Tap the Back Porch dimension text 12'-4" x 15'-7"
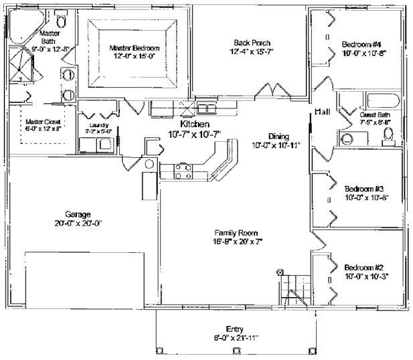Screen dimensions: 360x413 click(x=251, y=52)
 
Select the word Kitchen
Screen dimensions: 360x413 click(x=195, y=124)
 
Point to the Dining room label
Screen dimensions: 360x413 click(x=277, y=134)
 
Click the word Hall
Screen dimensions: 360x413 click(x=322, y=112)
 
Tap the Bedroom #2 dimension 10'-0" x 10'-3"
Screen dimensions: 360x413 click(x=365, y=275)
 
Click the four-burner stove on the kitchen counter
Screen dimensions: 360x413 click(x=183, y=171)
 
